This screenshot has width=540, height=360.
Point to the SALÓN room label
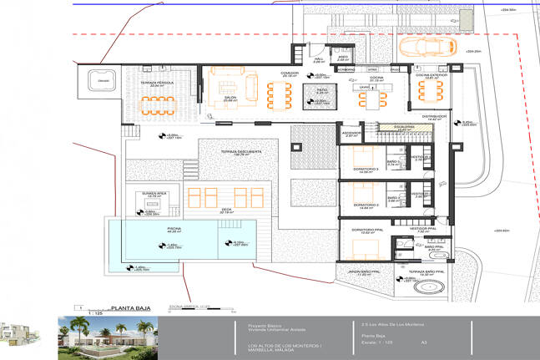(x=230, y=97)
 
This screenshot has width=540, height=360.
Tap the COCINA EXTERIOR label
(x=432, y=75)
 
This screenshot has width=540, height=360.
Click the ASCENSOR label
(x=351, y=132)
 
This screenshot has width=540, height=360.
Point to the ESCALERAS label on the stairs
(x=388, y=128)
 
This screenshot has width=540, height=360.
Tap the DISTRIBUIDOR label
(x=436, y=116)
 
